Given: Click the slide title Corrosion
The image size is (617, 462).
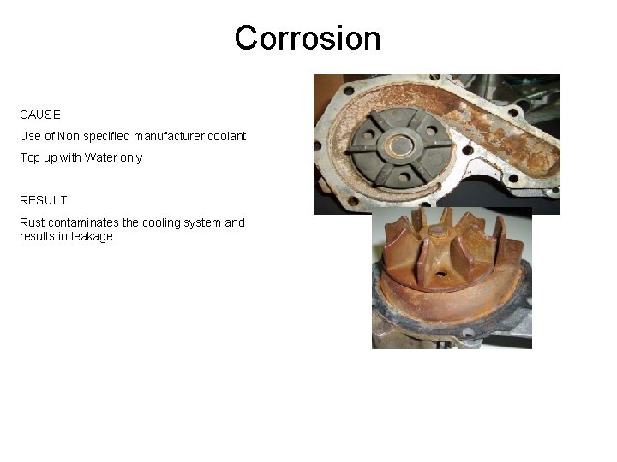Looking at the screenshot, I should (x=308, y=38).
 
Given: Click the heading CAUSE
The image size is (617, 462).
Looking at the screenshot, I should (x=40, y=114).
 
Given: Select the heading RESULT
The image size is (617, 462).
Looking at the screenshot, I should (x=44, y=200).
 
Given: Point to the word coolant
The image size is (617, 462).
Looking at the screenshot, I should (x=225, y=136).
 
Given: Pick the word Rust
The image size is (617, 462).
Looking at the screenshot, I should (x=33, y=222).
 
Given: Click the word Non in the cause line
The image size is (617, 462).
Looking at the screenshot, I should (x=69, y=136).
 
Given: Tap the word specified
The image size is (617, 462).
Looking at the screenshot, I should (x=109, y=136).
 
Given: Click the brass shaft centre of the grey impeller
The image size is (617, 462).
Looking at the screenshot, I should (x=398, y=146).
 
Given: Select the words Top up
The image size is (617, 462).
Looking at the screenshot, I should (x=39, y=157).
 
